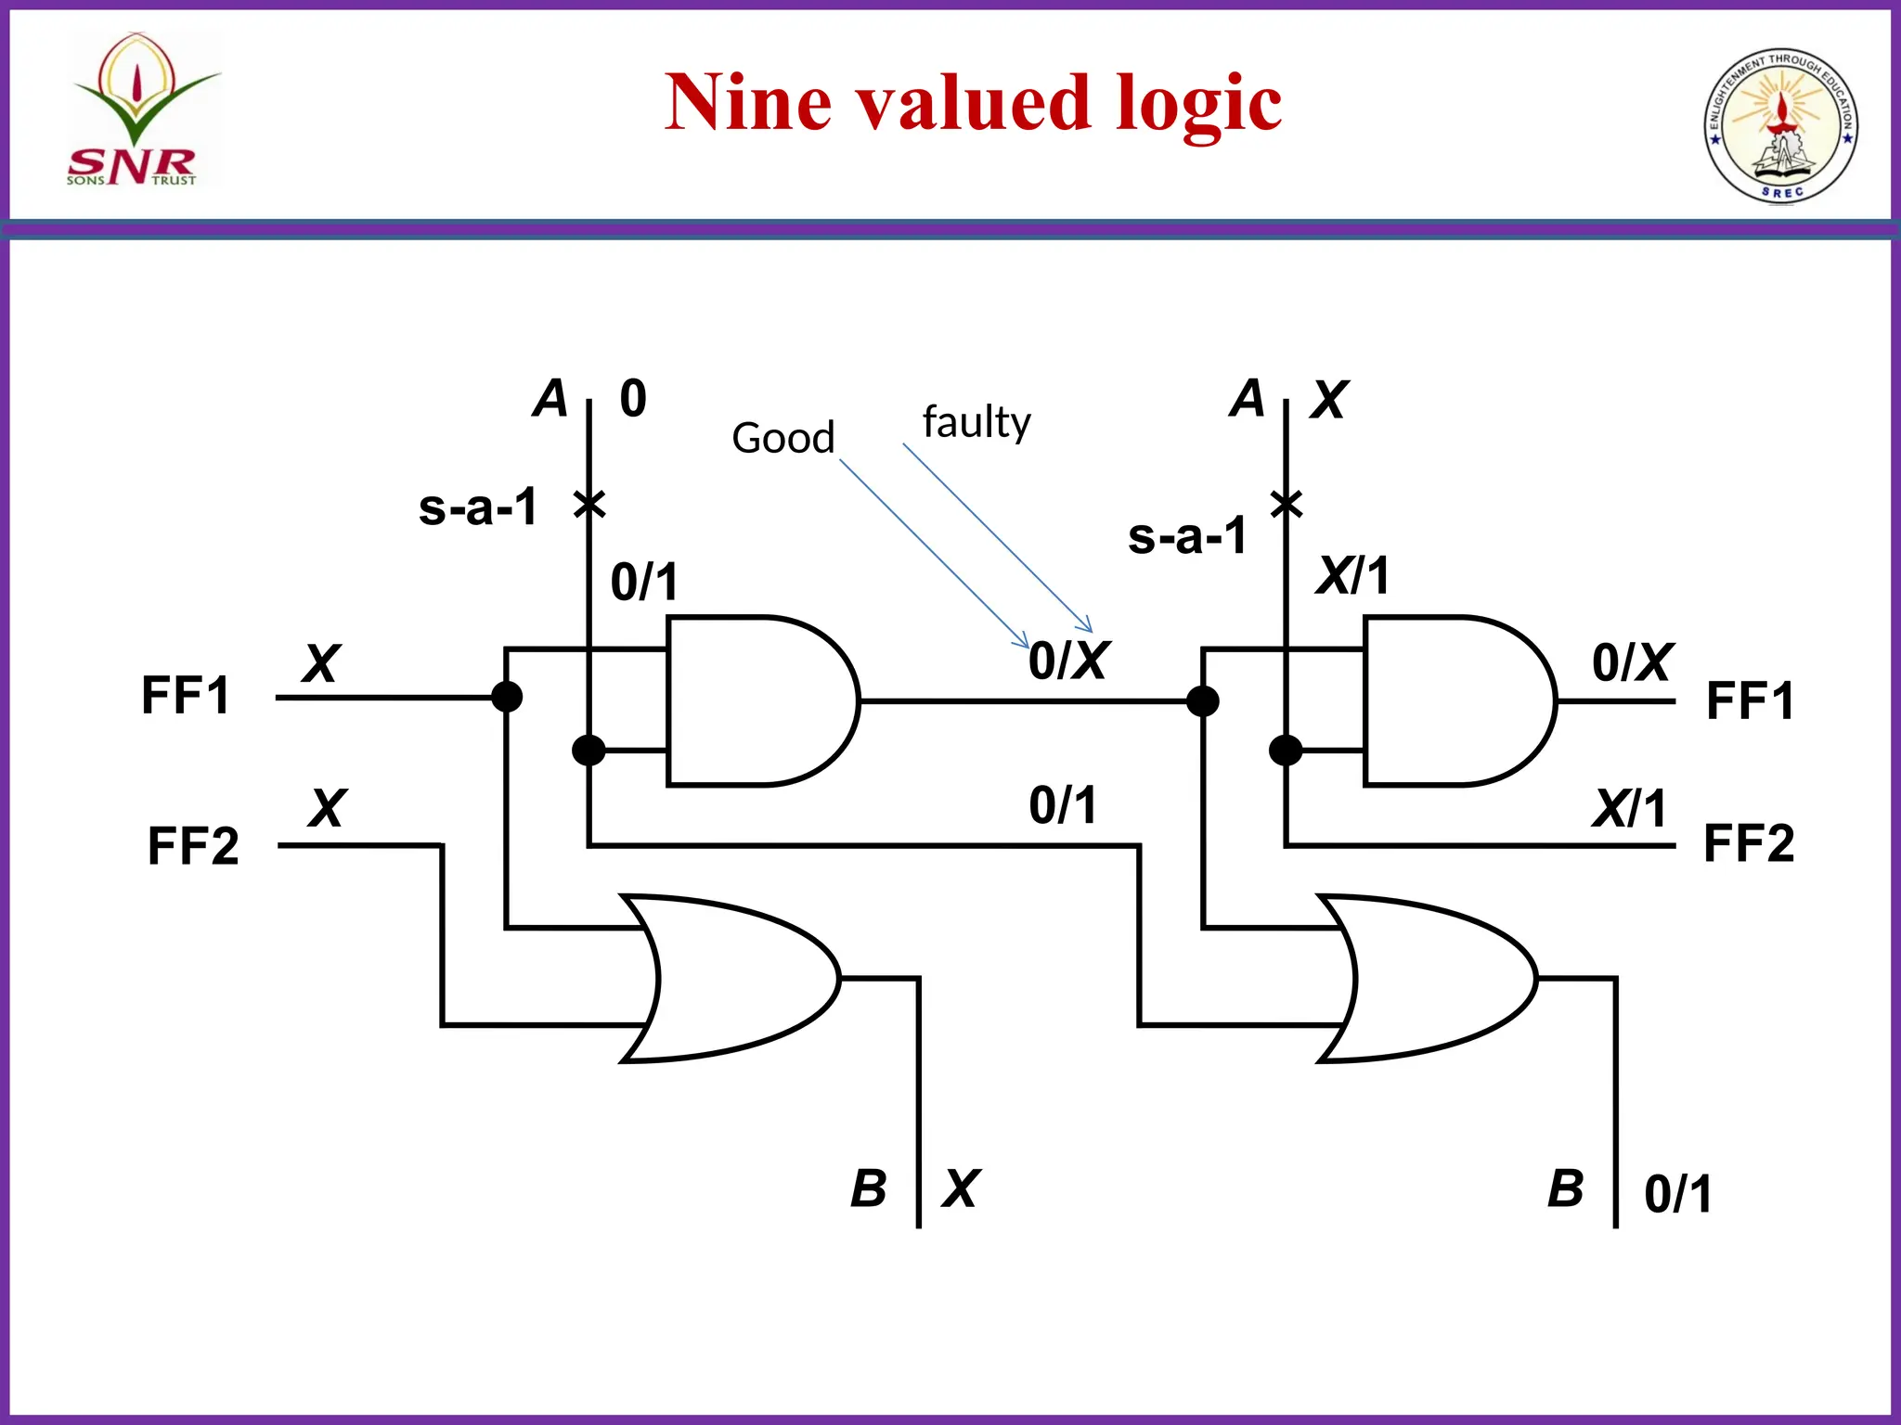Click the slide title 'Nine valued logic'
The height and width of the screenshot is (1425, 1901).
(x=973, y=102)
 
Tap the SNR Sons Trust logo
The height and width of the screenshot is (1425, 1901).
(x=139, y=111)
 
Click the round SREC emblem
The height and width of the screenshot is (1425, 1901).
(x=1779, y=126)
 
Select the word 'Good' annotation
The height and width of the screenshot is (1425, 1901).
(x=782, y=438)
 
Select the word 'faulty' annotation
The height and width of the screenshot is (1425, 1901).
(x=976, y=422)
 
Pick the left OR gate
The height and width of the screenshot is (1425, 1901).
(x=733, y=978)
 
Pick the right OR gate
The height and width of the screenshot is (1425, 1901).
(x=1429, y=978)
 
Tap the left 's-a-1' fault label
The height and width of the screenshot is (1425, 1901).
(x=478, y=507)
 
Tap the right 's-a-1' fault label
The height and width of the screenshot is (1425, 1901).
(x=1187, y=536)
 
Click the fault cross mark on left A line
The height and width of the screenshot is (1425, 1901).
(x=589, y=505)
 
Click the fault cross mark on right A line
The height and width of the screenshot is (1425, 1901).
(x=1287, y=505)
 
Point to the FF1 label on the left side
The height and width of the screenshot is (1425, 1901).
(x=186, y=696)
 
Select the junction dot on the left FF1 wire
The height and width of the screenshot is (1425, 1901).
(x=506, y=697)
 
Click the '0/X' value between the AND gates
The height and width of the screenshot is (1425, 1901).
(x=1067, y=661)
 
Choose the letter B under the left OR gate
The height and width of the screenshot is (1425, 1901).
(x=869, y=1188)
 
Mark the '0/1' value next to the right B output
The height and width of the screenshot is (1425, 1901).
(x=1678, y=1194)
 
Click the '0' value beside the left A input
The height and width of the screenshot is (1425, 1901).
(x=633, y=399)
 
